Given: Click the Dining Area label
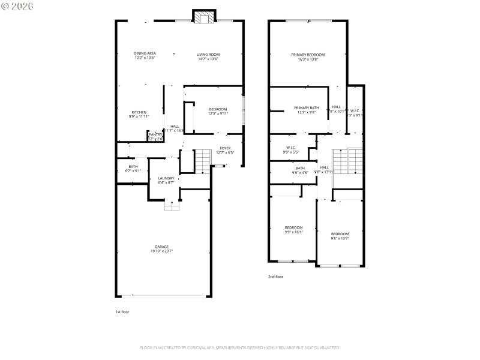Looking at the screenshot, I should pos(145,53).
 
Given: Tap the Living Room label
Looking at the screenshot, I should pos(208,54).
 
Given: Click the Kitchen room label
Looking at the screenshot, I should pos(139,112).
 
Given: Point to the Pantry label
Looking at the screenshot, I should pos(155,134).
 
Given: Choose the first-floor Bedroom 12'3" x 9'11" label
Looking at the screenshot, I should pos(218,109).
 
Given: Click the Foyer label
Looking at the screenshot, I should pos(225,148).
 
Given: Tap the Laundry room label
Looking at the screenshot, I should pos(166,178).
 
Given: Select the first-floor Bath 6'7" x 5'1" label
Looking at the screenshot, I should pos(133,167).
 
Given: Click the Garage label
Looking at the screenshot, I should pos(162,247).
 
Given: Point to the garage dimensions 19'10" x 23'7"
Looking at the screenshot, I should pos(162,251).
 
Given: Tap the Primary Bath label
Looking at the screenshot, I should pos(306,107).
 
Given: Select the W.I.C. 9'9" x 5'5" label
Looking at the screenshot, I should pos(291,148).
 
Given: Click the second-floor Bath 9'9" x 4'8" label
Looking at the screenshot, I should pos(299,168).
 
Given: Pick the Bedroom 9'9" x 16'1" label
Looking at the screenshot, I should pos(293,227).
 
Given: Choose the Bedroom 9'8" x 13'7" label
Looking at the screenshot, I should pos(340,234).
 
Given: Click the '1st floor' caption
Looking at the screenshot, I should pos(122,312).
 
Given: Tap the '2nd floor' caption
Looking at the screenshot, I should pos(275,277).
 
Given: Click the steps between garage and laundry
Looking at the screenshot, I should pos(173,206).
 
